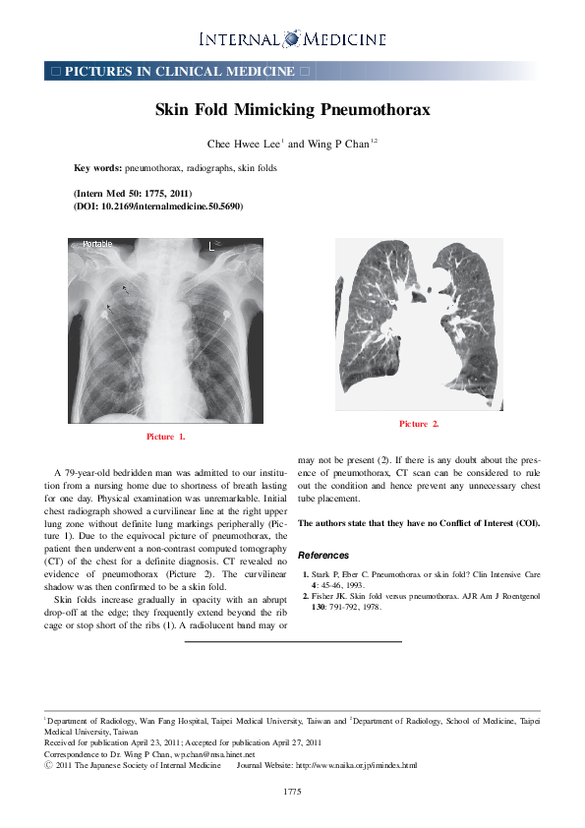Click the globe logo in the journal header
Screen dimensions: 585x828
point(292,38)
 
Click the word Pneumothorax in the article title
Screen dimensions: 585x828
point(379,109)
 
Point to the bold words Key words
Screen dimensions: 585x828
point(96,168)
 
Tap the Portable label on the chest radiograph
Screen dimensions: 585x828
point(97,244)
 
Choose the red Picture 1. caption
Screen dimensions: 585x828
point(165,436)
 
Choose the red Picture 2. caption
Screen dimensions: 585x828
point(419,424)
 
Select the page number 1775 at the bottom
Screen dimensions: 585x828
point(292,791)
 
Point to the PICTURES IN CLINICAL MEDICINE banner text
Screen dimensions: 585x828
point(179,72)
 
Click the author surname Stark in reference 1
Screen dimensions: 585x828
point(322,572)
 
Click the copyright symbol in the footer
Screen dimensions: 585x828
point(49,765)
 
